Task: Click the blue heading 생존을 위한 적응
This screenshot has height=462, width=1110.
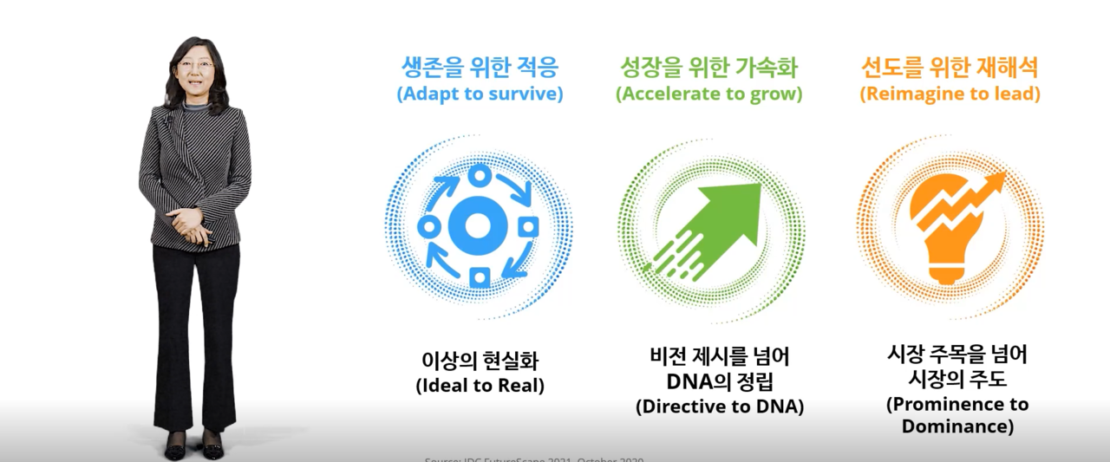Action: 480,67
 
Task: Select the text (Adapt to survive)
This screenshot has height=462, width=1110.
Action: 480,94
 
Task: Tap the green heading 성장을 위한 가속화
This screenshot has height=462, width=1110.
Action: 708,67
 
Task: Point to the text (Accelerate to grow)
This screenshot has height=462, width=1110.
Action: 708,94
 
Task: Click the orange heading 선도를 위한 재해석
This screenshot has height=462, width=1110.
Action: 950,67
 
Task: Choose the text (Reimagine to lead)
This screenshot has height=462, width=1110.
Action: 950,94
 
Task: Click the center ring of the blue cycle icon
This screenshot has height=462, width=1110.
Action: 476,226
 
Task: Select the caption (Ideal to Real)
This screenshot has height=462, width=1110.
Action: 480,386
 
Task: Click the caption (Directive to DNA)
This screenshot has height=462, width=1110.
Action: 720,406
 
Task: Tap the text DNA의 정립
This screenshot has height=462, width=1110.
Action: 720,381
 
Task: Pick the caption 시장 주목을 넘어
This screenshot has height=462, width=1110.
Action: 957,355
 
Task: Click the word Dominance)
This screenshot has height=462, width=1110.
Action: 957,426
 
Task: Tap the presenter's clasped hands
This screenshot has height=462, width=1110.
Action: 188,223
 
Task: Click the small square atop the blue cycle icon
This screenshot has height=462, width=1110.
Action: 477,176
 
